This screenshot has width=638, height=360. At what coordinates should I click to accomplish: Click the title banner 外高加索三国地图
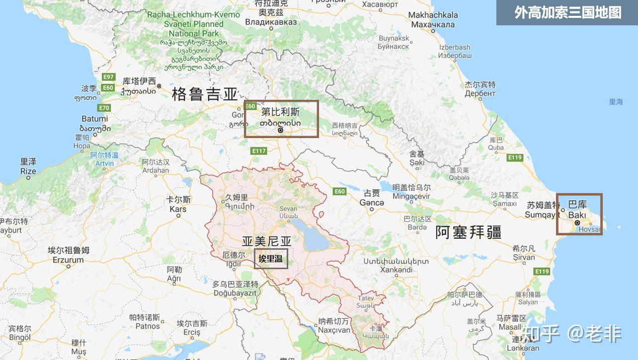click(567, 12)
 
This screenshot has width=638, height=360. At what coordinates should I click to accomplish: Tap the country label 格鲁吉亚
click(205, 94)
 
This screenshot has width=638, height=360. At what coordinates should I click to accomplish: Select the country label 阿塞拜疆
click(468, 232)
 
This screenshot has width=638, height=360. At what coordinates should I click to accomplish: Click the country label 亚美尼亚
click(266, 241)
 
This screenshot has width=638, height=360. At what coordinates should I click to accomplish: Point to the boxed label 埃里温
click(271, 259)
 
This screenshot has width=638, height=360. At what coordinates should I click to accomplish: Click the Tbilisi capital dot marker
click(280, 130)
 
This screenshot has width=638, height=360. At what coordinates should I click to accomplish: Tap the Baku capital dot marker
click(577, 223)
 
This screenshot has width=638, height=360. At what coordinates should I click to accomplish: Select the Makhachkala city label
click(433, 20)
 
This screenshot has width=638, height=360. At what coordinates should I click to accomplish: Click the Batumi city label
click(94, 119)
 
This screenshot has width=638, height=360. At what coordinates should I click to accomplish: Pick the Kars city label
click(178, 209)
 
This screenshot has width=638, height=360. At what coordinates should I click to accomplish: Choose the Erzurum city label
click(68, 260)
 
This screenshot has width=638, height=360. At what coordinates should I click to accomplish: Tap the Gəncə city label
click(372, 203)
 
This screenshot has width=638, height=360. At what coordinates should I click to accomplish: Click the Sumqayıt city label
click(542, 215)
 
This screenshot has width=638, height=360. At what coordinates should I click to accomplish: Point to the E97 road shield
click(108, 77)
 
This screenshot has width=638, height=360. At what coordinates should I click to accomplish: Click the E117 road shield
click(259, 151)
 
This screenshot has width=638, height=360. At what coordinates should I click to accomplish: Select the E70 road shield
click(104, 108)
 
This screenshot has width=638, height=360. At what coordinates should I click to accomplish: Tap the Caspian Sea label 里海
click(616, 102)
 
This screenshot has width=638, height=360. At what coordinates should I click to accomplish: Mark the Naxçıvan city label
click(334, 330)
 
